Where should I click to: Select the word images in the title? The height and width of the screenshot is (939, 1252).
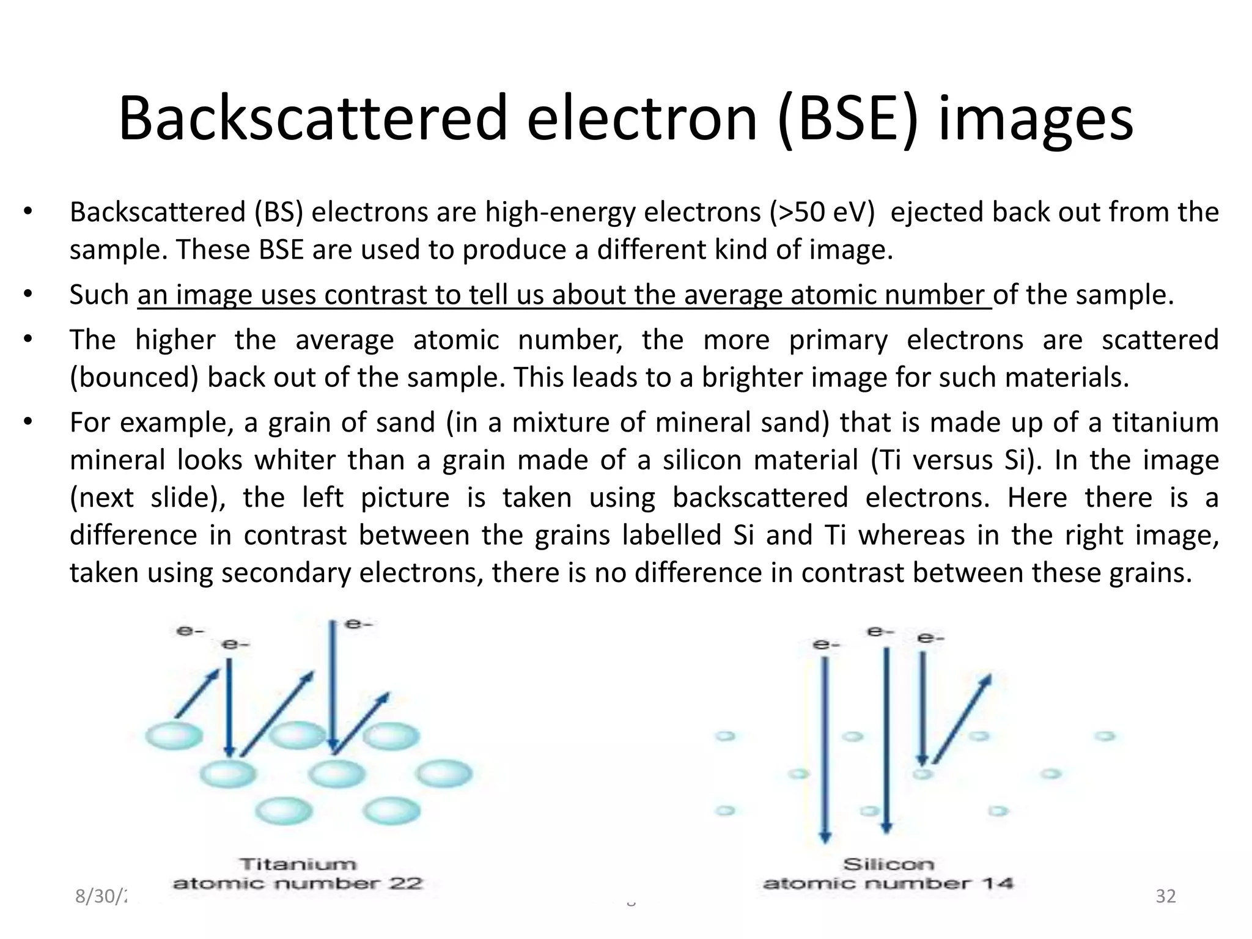tap(1036, 120)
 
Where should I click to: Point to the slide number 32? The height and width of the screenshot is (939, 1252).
tap(1166, 896)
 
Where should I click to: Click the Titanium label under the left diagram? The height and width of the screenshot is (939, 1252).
tap(298, 864)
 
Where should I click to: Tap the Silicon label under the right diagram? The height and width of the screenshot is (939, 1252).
tap(888, 864)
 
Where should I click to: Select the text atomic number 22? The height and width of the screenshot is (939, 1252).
tap(298, 883)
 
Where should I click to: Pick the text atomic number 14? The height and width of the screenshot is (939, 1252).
tap(888, 883)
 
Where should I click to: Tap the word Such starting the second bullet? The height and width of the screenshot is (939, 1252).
tap(99, 295)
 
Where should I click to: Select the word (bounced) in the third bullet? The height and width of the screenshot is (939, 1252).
tap(134, 377)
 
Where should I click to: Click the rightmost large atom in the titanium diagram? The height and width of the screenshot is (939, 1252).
tap(444, 773)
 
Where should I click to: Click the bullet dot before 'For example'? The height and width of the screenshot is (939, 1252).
tap(28, 422)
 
